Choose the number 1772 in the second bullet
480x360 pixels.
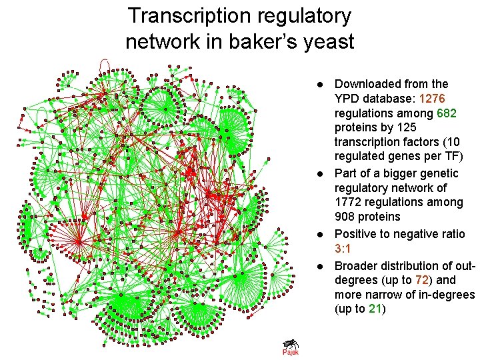350,202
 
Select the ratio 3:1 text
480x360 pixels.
345,249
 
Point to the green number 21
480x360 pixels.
375,309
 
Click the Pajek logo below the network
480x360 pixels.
290,347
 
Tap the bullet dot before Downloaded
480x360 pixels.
320,85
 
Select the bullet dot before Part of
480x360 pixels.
320,173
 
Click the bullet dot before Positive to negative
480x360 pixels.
320,235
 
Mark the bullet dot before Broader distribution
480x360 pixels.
320,266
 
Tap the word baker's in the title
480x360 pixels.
257,42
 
